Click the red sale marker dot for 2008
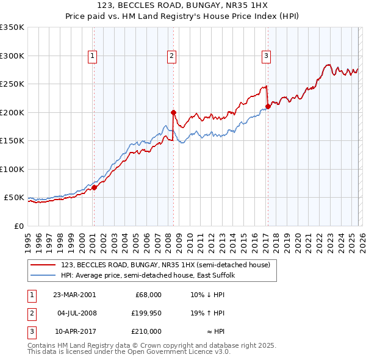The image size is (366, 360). [174, 112]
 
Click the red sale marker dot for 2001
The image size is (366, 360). [95, 187]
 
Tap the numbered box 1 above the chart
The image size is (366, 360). [92, 56]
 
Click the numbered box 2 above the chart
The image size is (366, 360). [171, 56]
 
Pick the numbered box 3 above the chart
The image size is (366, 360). [267, 56]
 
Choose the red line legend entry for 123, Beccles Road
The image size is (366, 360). [152, 265]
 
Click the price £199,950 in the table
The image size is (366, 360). [145, 313]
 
